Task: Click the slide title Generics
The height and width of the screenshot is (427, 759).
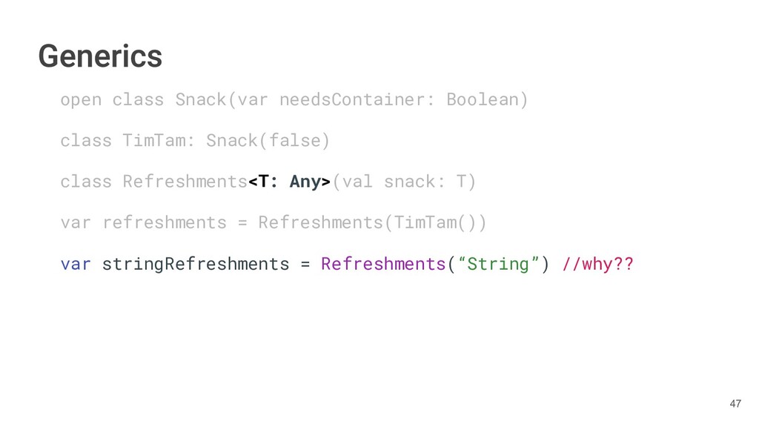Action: pos(100,56)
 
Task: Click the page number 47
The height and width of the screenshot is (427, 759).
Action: pos(735,404)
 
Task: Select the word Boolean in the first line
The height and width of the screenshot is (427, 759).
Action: pos(487,99)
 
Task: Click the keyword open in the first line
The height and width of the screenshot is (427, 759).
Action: pos(81,99)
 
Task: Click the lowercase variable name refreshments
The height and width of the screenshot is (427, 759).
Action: pos(164,222)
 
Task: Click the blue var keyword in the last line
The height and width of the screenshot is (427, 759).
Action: pos(76,264)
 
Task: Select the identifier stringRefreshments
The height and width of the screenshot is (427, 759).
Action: pos(195,264)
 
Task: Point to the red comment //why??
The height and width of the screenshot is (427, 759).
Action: pos(598,264)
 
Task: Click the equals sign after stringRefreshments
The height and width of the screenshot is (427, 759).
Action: pos(305,264)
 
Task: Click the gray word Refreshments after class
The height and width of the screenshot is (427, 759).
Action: pos(185,182)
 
